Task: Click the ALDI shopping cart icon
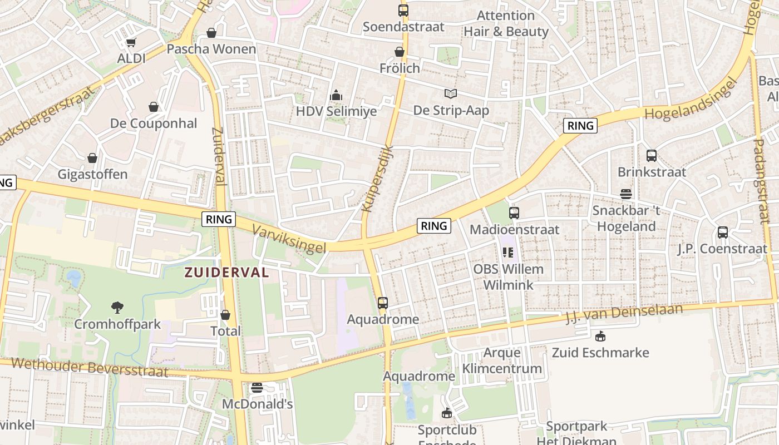[131, 42]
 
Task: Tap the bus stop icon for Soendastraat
[403, 10]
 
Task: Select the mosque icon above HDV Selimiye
[336, 96]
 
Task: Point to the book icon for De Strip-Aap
[450, 94]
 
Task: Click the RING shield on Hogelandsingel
[580, 126]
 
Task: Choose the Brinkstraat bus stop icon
[652, 156]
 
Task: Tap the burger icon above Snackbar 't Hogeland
[626, 194]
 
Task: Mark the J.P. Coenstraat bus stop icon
[722, 233]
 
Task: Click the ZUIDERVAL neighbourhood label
[226, 273]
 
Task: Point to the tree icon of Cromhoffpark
[117, 307]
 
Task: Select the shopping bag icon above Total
[225, 315]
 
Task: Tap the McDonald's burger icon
[257, 388]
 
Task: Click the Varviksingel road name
[288, 239]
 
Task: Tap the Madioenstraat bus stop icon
[514, 212]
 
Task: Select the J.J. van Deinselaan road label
[623, 313]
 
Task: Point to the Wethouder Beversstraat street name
[89, 368]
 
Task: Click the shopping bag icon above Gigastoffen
[92, 158]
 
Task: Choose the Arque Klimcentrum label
[502, 360]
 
